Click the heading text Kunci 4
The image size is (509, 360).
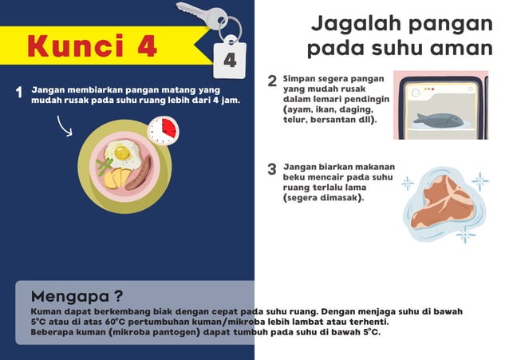click(x=92, y=45)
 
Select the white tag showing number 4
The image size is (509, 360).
click(x=229, y=59)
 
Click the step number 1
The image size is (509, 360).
click(x=18, y=93)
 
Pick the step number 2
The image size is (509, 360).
click(x=272, y=81)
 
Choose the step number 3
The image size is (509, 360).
click(x=272, y=169)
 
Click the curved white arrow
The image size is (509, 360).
click(x=65, y=125)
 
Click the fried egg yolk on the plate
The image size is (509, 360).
click(x=122, y=152)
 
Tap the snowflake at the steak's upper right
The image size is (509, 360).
click(x=479, y=182)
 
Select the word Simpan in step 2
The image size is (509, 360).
click(x=302, y=79)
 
